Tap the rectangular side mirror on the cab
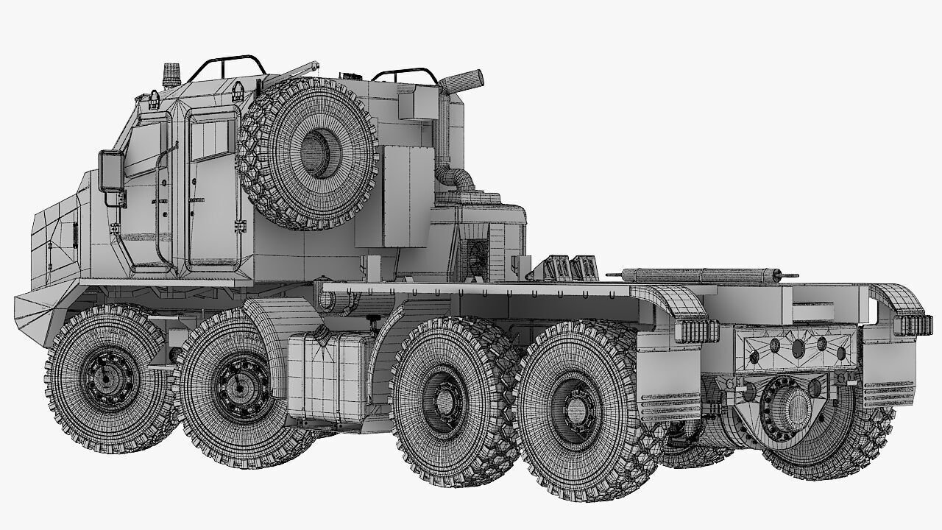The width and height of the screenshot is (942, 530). pos(110,172)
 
